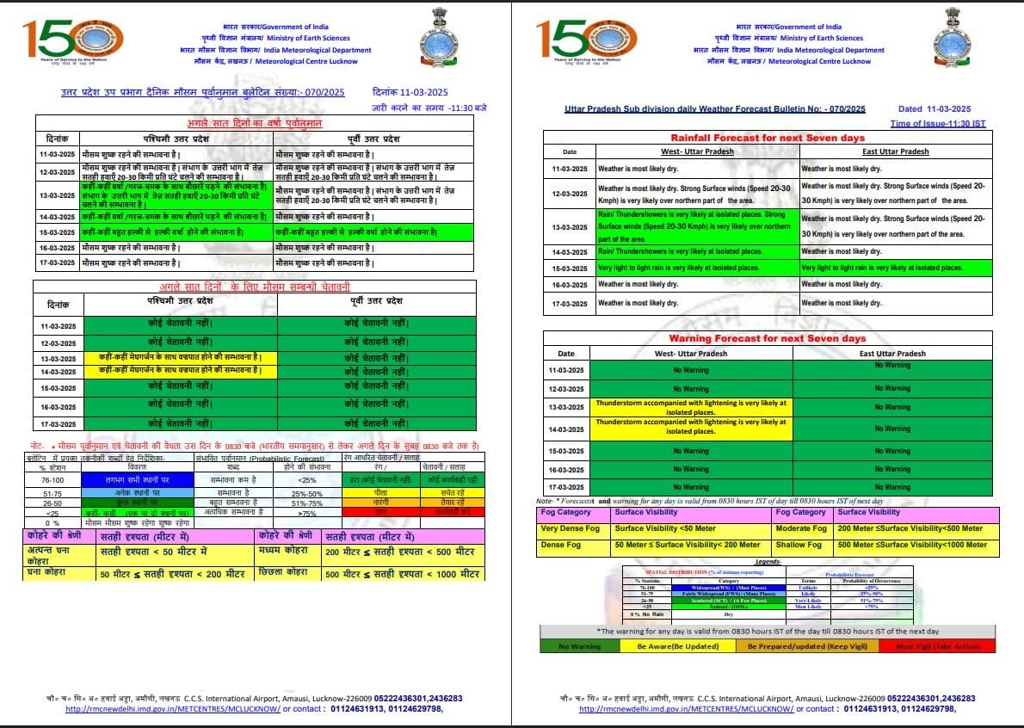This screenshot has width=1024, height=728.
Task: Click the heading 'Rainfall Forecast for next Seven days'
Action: [767, 138]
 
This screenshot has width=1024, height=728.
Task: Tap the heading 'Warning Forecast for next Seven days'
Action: [767, 338]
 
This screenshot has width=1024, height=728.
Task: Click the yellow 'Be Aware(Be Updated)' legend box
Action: [671, 645]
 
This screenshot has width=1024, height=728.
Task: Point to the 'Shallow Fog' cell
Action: [799, 545]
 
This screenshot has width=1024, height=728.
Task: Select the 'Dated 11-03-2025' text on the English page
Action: [934, 109]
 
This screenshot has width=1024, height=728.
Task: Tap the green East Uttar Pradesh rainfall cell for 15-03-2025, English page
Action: [896, 268]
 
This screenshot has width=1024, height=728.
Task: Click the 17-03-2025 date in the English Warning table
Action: [567, 487]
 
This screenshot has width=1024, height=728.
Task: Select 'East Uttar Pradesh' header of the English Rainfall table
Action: [896, 151]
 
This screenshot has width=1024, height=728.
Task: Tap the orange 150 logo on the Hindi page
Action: [73, 38]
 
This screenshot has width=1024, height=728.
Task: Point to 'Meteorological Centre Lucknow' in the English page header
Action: [818, 61]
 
